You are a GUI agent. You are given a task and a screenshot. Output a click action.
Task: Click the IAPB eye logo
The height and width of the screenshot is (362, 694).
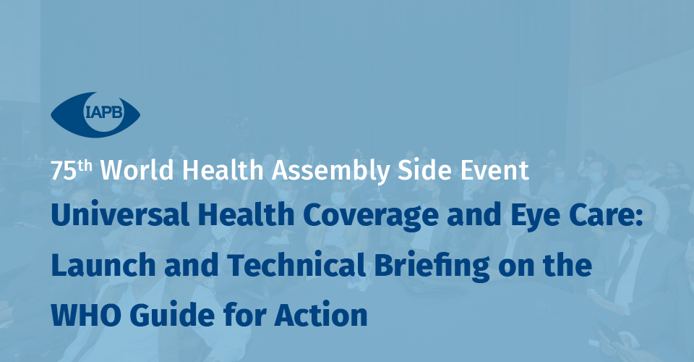pyautogui.click(x=95, y=114)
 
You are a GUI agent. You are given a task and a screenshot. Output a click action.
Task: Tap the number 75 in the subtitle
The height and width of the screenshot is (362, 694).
pyautogui.click(x=64, y=171)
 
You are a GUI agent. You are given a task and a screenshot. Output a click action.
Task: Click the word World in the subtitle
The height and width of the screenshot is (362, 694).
pyautogui.click(x=137, y=169)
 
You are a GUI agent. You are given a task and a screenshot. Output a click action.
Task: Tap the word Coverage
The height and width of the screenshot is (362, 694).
pyautogui.click(x=371, y=216)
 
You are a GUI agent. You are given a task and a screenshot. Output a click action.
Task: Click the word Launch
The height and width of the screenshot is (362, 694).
pyautogui.click(x=103, y=264)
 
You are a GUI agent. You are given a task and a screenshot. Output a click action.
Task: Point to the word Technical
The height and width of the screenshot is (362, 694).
pyautogui.click(x=296, y=264)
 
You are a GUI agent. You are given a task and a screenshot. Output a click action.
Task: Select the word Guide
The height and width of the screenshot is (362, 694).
pyautogui.click(x=172, y=315)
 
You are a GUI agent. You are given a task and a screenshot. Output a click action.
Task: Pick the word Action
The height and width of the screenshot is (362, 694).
pyautogui.click(x=321, y=315)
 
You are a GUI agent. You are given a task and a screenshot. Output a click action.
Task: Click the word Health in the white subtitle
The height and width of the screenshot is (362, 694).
pyautogui.click(x=223, y=169)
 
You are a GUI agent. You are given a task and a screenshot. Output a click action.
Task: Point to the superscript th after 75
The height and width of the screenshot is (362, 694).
pyautogui.click(x=85, y=166)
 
